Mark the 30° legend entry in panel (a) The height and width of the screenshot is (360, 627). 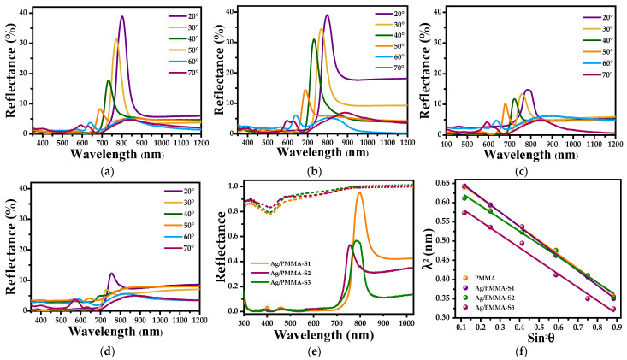click(x=183, y=27)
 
